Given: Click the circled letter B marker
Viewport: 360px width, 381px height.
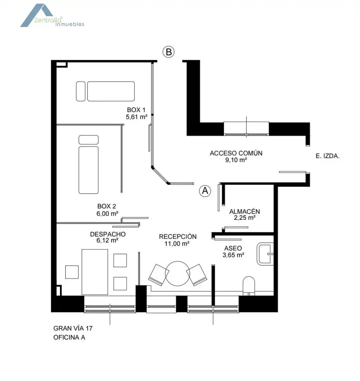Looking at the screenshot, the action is pos(169,52).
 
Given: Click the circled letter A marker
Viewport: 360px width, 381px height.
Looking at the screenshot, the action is pos(205,191).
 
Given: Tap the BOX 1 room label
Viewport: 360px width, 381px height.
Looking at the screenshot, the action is pos(136,110).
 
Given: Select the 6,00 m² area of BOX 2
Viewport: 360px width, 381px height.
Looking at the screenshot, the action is pos(108,213).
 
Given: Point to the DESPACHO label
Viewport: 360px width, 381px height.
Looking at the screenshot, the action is pos(108,234).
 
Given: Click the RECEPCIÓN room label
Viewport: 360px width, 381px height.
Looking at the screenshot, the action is pos(178,237).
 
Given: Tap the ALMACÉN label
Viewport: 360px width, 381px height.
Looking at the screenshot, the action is pos(245,211).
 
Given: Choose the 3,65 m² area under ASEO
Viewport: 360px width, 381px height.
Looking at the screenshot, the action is pos(233,255).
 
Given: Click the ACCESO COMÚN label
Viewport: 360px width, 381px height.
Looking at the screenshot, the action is pos(236,153).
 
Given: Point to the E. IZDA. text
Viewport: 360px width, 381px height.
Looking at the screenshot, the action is pos(328,156).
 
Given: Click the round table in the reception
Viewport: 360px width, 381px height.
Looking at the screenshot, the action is pos(178,274).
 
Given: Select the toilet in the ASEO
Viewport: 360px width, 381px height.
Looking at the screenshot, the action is pos(249,286).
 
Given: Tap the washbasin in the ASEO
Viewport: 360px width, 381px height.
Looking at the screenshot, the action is pos(265,254).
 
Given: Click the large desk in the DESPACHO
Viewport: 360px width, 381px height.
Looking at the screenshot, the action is pos(95,272).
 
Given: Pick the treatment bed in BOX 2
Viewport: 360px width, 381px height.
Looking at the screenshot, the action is pos(89,170).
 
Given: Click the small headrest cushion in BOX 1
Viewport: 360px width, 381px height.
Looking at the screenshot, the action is pos(81,91).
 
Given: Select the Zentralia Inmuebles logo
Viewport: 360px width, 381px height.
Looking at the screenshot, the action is pos(52,16).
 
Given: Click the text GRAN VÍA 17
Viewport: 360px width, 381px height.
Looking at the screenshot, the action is pos(73,328).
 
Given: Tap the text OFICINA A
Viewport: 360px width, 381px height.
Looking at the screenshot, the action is pos(69,338).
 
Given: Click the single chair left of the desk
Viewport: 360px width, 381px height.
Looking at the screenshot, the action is pos(72,272).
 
